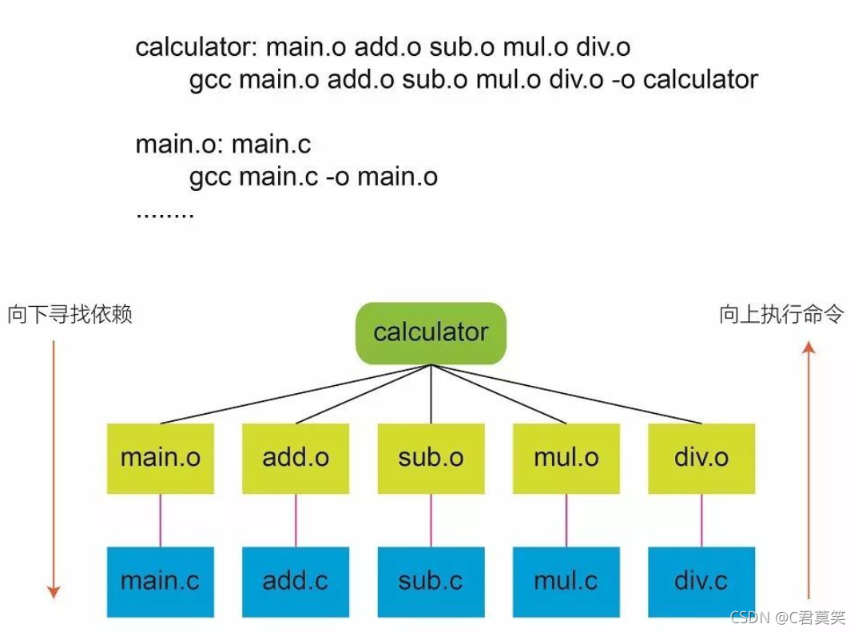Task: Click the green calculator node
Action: point(431,332)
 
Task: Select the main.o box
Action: point(160,458)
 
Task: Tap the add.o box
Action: point(296,458)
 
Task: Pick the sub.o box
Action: point(431,458)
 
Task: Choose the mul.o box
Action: point(566,458)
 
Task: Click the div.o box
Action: point(701,458)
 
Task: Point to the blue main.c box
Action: point(160,581)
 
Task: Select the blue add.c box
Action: point(296,581)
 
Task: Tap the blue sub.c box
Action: point(431,581)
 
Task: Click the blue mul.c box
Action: point(566,581)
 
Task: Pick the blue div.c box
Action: point(701,581)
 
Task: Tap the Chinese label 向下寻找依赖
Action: point(70,315)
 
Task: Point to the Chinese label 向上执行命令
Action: point(781,315)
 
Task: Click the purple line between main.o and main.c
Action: point(160,520)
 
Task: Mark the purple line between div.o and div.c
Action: point(701,520)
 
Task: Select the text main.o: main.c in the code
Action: point(223,145)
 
